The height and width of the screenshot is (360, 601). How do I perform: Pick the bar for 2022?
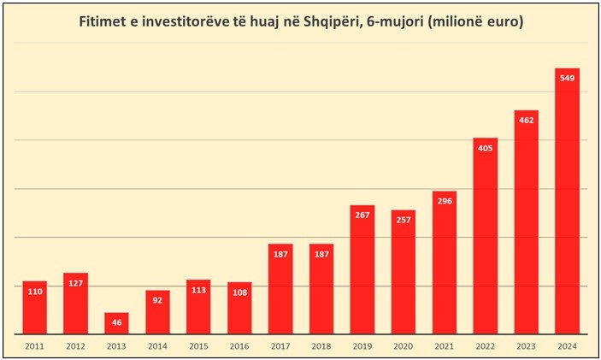485,236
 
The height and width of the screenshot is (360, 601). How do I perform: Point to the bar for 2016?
239,308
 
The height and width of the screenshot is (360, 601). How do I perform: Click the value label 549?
567,79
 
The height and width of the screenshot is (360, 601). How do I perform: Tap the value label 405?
485,149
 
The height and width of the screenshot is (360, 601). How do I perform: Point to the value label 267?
362,215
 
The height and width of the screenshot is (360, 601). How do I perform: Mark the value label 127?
75,284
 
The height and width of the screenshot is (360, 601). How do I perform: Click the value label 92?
157,301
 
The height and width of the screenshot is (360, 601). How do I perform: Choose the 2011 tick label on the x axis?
34,345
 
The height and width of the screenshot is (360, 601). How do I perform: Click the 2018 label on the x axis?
321,345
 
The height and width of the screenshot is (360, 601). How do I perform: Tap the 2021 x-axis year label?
444,345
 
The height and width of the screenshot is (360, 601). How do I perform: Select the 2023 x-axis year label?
526,345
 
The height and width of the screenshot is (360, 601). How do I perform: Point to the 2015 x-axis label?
198,345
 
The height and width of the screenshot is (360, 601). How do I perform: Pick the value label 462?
526,121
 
